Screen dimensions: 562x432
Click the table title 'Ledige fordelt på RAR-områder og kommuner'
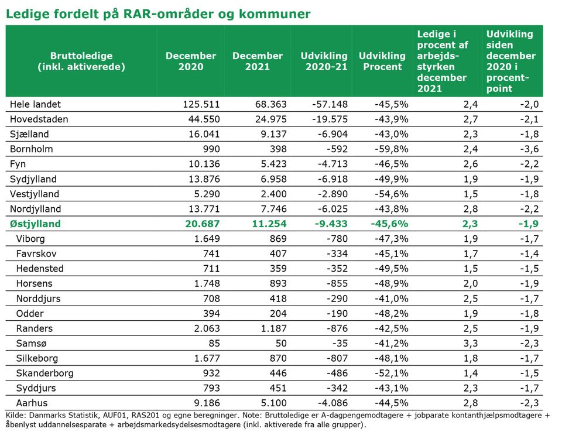(158, 14)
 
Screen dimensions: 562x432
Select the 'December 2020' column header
(191, 61)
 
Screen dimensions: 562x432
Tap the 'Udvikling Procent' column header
(382, 61)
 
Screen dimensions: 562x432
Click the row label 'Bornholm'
(31, 149)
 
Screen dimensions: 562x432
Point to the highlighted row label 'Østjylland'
(35, 224)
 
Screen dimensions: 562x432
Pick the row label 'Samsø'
(31, 344)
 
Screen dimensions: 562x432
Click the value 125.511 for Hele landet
(201, 104)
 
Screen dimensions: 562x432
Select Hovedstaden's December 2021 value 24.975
(271, 119)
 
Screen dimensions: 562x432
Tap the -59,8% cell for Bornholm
(392, 149)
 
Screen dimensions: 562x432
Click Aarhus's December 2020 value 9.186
(207, 403)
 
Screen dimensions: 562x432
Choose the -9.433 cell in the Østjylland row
(331, 224)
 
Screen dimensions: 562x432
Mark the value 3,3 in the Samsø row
(471, 344)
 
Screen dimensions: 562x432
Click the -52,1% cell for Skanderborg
(392, 373)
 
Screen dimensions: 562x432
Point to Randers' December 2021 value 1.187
(274, 328)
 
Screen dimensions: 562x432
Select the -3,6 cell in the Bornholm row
(529, 149)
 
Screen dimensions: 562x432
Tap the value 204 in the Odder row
(278, 314)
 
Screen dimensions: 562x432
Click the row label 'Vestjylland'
(35, 194)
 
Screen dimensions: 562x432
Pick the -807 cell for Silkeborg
(337, 358)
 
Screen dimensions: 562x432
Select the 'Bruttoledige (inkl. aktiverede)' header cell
(81, 61)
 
